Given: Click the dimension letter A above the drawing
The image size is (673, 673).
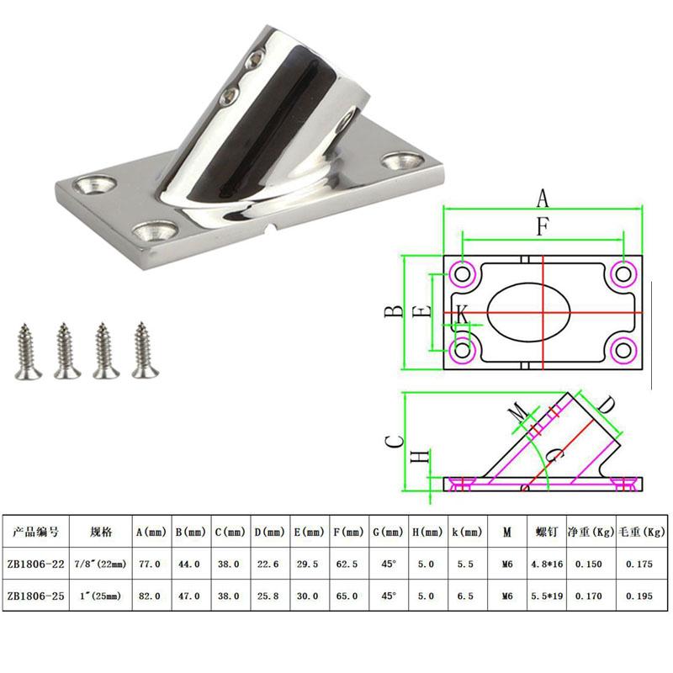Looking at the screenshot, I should click(x=543, y=199).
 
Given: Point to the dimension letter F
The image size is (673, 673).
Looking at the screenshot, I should click(x=543, y=225).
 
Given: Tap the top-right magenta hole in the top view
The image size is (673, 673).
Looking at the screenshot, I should click(x=623, y=273).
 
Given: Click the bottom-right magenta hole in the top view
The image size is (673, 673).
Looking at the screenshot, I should click(x=623, y=347).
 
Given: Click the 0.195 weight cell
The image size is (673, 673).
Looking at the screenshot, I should click(x=641, y=596).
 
